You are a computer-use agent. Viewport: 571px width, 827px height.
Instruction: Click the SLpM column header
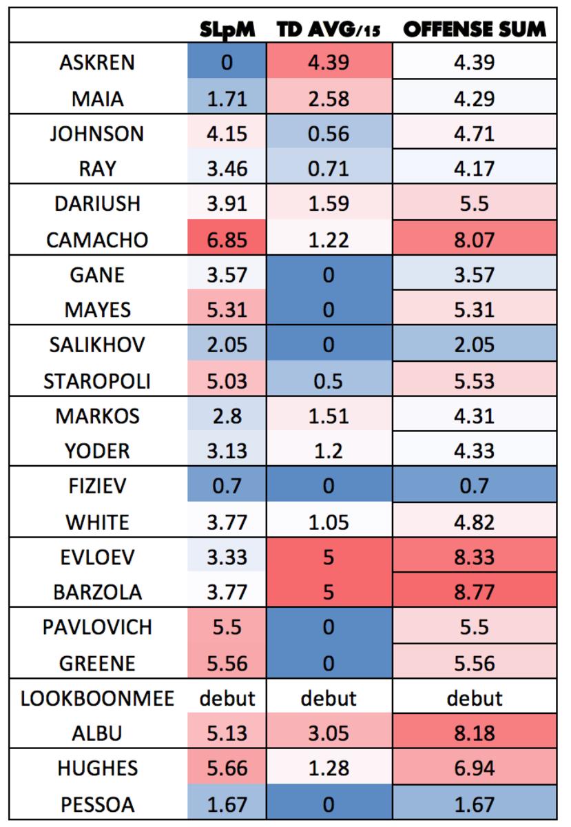(227, 28)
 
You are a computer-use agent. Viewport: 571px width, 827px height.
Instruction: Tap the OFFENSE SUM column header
(474, 28)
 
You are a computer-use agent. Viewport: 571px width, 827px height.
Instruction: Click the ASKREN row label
(96, 63)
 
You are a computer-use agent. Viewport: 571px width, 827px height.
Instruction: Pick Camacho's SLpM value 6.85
(227, 240)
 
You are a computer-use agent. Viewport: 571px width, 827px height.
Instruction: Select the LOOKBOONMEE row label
(96, 699)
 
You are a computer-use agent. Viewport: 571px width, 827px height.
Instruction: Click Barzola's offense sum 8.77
(474, 593)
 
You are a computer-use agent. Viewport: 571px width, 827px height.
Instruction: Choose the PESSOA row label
(96, 804)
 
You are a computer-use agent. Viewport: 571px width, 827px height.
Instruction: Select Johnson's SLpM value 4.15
(227, 133)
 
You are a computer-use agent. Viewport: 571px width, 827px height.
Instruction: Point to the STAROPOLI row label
(96, 381)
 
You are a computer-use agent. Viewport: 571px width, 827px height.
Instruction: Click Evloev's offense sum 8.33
(474, 558)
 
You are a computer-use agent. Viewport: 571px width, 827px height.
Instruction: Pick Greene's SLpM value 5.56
(227, 664)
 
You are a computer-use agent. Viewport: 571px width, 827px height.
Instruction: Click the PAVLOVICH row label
(96, 628)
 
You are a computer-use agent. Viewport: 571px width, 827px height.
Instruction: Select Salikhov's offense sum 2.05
(474, 345)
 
